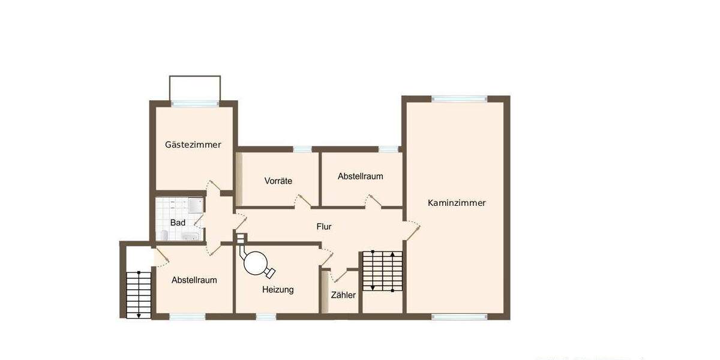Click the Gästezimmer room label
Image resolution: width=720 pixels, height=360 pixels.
click(x=193, y=145)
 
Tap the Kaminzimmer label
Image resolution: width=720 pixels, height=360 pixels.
click(x=457, y=203)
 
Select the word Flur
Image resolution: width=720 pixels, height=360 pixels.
click(x=324, y=227)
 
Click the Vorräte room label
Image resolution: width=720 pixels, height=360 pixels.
click(x=278, y=181)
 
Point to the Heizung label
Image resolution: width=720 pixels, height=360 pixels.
click(x=278, y=290)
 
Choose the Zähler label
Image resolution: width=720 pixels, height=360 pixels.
click(x=343, y=295)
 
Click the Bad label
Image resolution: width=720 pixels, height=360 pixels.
click(x=178, y=223)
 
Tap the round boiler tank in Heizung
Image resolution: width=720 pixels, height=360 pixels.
click(x=256, y=262)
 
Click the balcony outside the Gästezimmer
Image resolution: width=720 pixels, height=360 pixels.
click(x=195, y=88)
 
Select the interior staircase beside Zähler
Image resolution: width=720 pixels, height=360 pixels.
click(x=382, y=271)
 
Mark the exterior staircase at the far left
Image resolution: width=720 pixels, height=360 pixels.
click(x=139, y=294)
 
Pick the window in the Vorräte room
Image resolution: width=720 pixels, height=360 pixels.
click(x=302, y=149)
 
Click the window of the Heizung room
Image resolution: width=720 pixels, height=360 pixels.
click(x=266, y=316)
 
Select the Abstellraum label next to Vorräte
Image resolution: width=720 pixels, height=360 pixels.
click(x=360, y=176)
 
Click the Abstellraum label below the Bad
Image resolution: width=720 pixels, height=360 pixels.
click(x=194, y=280)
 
